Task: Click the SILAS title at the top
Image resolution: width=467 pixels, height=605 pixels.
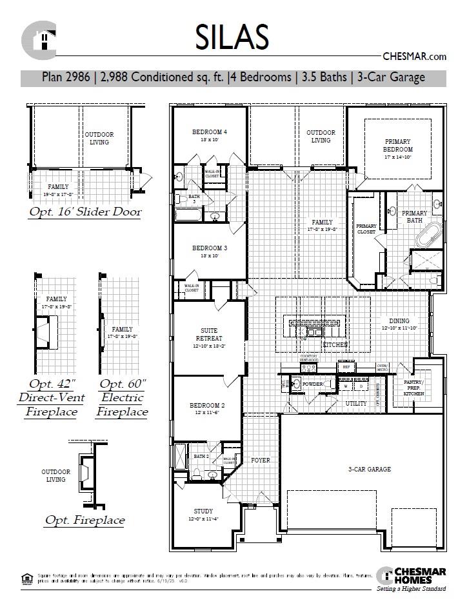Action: coord(232,37)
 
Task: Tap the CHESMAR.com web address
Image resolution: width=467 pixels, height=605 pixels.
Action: coord(414,57)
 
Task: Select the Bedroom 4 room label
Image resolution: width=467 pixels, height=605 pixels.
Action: coord(210,132)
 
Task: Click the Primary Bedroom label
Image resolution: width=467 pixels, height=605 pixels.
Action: coord(398,145)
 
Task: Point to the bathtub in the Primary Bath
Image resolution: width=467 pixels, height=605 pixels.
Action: coord(428,237)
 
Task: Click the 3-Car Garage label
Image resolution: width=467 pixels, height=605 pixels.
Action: coord(370,470)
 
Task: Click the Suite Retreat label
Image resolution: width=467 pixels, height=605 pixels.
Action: coord(209,334)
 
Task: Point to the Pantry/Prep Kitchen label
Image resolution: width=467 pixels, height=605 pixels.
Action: coord(413,388)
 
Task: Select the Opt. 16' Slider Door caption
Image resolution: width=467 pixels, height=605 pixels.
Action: coord(85,212)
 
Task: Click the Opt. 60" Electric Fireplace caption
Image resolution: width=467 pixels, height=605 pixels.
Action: coord(123,397)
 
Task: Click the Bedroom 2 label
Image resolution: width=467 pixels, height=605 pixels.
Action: coord(206,406)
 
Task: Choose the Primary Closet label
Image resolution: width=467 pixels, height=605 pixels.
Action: coord(366,228)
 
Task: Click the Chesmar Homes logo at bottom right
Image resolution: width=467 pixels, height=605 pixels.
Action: coord(409,576)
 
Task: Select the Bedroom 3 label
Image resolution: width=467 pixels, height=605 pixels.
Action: coord(210,248)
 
